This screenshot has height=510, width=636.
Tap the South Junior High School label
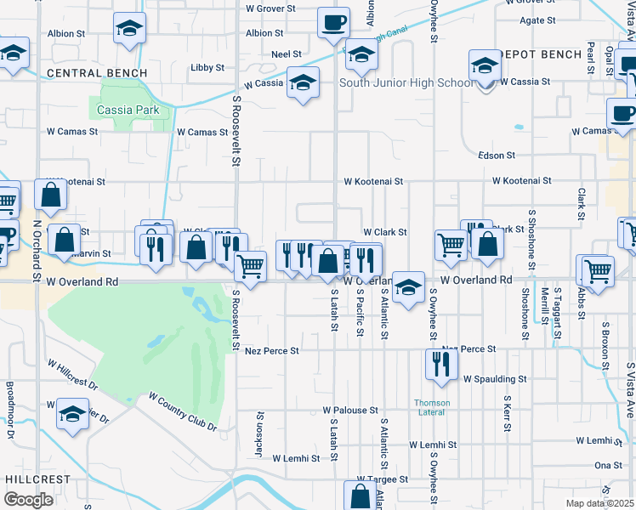coord(406,82)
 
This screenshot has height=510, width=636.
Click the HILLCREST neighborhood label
coord(30,479)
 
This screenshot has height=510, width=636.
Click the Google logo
coord(28,499)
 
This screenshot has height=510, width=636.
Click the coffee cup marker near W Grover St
coord(333,23)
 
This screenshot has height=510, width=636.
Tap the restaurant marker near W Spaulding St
coord(440,365)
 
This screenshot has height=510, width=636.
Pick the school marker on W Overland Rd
coord(408,286)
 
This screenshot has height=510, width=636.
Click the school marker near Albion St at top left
coord(129,30)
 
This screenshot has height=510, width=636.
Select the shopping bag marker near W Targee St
coord(360,496)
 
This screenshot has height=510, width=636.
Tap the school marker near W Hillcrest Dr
coord(73,416)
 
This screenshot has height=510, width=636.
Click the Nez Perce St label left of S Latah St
coord(271,350)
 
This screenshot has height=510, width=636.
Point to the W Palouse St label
coord(350,410)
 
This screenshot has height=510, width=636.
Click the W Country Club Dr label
coord(183,411)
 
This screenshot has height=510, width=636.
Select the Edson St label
coord(497,156)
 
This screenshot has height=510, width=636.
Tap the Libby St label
coord(207,67)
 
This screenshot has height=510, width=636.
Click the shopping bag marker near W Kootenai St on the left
coord(51,195)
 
